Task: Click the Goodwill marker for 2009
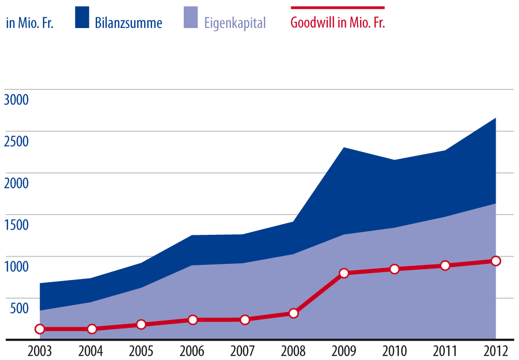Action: click(344, 273)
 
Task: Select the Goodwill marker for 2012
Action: click(496, 261)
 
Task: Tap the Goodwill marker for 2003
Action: click(39, 329)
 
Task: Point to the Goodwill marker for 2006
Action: click(193, 319)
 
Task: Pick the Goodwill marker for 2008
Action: click(293, 313)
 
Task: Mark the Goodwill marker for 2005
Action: click(141, 325)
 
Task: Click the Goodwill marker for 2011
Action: click(445, 265)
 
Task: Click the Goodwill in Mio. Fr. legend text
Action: click(338, 23)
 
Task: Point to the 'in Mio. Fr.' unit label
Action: click(30, 23)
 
